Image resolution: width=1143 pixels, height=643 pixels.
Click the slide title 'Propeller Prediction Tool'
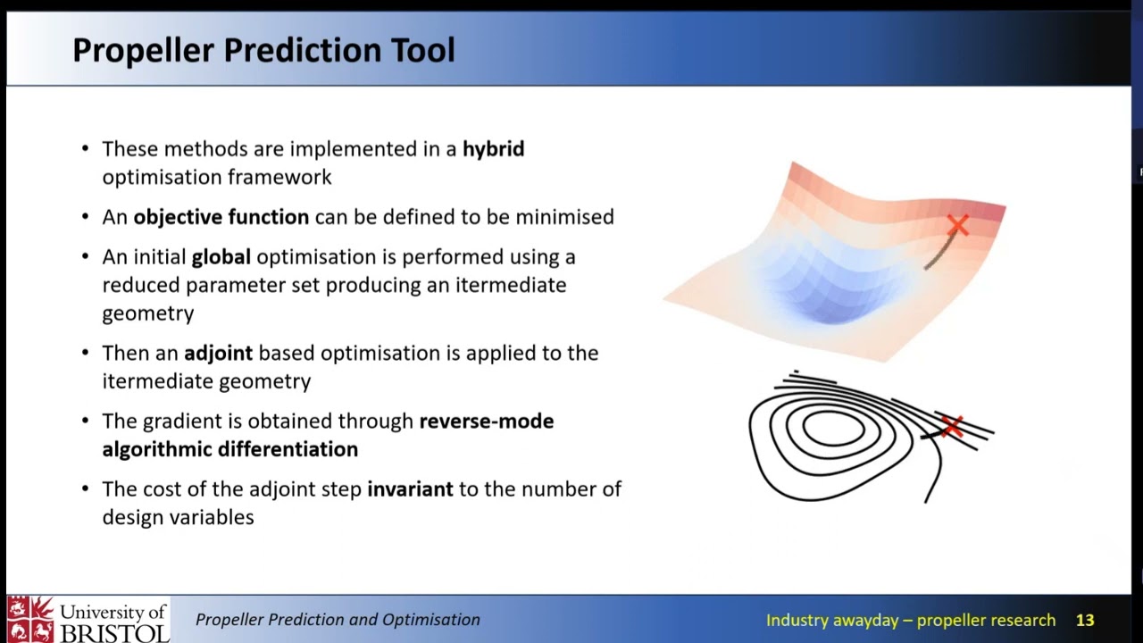click(263, 50)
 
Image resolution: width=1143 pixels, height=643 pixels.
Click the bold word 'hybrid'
click(493, 149)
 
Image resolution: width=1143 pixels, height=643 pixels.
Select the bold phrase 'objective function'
click(221, 217)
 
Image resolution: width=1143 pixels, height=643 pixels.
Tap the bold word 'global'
click(221, 257)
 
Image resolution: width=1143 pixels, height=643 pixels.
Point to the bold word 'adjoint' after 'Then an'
click(218, 354)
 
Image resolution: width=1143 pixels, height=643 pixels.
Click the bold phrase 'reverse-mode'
click(486, 422)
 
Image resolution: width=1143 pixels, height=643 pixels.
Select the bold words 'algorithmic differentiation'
click(229, 449)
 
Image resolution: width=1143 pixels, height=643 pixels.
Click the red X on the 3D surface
click(957, 226)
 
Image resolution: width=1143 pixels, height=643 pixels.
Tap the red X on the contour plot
click(951, 426)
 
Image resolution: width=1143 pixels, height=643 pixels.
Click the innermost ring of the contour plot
click(833, 430)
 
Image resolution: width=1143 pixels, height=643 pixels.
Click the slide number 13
click(1084, 621)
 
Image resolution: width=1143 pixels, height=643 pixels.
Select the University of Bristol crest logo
click(29, 620)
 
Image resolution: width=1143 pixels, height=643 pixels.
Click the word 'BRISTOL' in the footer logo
click(113, 632)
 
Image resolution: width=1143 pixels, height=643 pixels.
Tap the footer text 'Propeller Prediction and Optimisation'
click(338, 620)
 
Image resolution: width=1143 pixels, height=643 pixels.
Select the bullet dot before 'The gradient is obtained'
click(85, 422)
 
